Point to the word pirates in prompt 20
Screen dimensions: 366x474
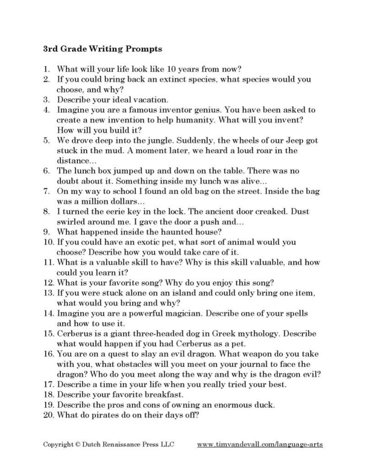pyautogui.click(x=105, y=415)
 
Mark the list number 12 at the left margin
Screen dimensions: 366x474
pyautogui.click(x=48, y=282)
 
